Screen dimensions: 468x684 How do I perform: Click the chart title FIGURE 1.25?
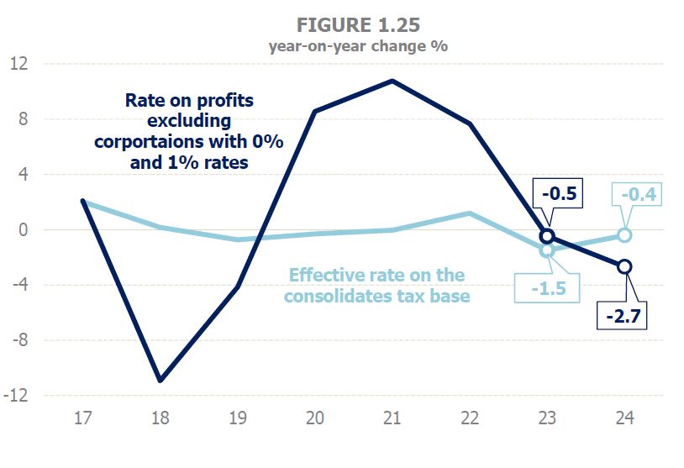click(x=358, y=21)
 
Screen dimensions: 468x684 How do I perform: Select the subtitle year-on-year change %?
click(x=358, y=46)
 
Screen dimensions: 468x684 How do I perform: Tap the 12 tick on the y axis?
click(x=18, y=64)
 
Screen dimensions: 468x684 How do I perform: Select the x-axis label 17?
click(x=82, y=418)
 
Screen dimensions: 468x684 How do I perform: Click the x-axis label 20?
click(x=314, y=418)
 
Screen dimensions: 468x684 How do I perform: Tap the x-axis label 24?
click(x=623, y=418)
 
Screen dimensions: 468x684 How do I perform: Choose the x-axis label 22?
click(x=469, y=418)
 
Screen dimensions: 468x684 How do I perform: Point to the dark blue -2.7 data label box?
click(x=623, y=317)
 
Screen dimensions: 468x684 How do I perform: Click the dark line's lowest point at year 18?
click(x=160, y=381)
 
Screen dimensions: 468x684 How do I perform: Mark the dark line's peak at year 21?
click(x=392, y=81)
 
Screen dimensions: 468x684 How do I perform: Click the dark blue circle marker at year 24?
click(x=623, y=266)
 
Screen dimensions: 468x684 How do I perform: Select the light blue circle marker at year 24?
click(x=624, y=235)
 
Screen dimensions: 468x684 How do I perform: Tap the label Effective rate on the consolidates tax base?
click(x=376, y=286)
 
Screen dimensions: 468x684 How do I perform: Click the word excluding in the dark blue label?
click(x=189, y=121)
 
